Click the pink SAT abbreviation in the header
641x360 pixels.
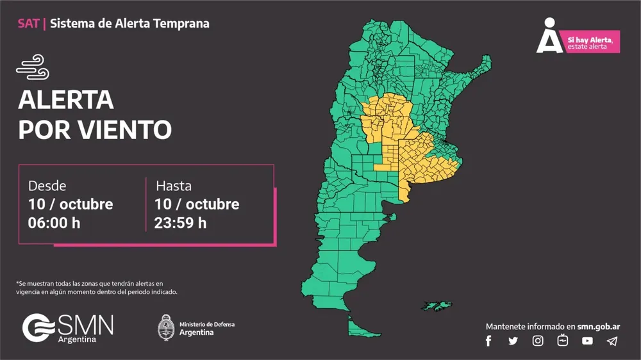28,24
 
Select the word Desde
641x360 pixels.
47,186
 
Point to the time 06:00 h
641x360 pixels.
54,223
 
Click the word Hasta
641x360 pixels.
174,186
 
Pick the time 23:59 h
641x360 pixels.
180,223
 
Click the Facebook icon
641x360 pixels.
488,341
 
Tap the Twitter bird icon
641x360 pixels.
513,341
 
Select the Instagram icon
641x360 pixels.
538,341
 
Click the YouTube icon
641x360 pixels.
587,341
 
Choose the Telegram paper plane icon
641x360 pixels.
612,341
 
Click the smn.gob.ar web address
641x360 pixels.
598,326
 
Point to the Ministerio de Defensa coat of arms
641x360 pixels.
167,327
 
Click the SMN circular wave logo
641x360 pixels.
38,327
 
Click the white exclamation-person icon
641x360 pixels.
549,36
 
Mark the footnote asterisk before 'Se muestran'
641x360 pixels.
17,283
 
